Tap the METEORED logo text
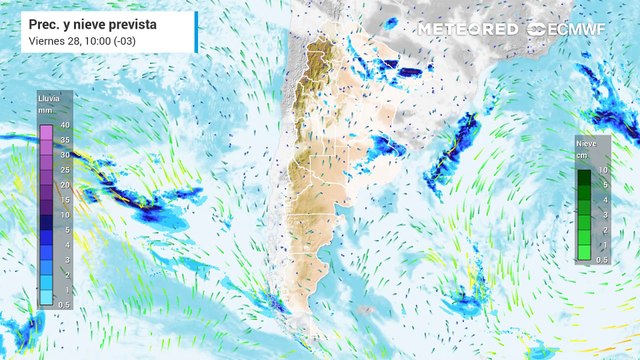pos(467,29)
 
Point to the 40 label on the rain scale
pos(64,124)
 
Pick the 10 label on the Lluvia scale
pos(64,215)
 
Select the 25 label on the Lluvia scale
pos(64,169)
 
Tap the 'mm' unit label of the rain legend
pos(44,111)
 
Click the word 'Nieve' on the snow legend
pos(586,144)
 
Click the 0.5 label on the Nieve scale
pos(602,259)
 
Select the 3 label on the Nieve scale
pos(602,216)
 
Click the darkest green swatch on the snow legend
pos(584,177)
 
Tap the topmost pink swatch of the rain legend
pos(45,124)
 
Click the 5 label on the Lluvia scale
pos(64,229)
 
